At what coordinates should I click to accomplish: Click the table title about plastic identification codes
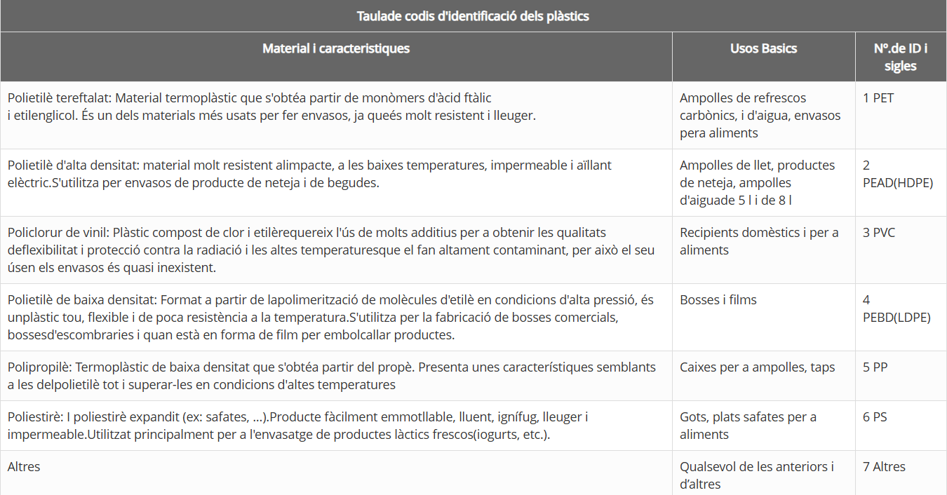473,16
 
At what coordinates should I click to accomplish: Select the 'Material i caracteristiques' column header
336,48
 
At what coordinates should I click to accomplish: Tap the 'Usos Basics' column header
763,48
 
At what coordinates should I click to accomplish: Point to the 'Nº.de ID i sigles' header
901,57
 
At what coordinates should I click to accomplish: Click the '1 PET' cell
878,98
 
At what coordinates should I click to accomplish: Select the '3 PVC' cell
880,233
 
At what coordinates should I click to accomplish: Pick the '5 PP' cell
876,367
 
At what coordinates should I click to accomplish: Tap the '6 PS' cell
875,417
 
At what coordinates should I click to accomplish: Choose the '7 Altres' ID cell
884,467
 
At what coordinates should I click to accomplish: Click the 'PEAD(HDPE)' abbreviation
898,183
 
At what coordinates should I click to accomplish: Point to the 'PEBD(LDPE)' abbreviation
896,318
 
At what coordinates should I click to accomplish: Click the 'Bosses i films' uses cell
718,300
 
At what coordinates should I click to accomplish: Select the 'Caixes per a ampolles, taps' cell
757,367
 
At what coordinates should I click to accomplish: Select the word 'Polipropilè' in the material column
39,367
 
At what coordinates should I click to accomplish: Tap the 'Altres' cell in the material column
24,467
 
